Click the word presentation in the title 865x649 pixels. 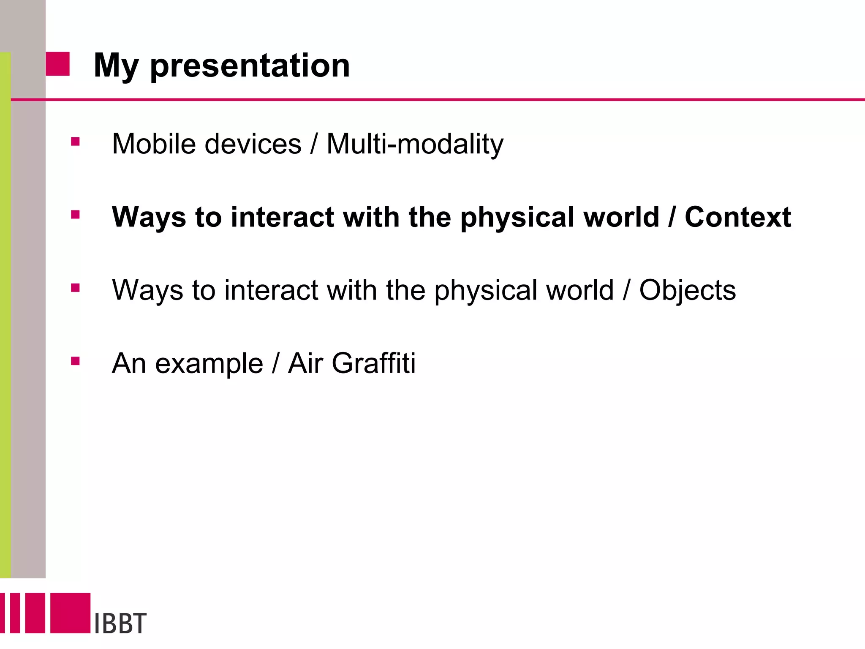click(250, 66)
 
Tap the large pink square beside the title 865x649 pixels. click(57, 64)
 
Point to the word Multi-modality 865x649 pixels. click(415, 145)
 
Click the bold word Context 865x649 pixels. click(737, 217)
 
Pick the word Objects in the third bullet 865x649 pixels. click(687, 291)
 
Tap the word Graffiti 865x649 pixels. click(373, 363)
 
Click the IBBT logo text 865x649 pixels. click(120, 623)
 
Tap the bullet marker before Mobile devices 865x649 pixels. click(76, 142)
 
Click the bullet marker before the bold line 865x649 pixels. click(76, 215)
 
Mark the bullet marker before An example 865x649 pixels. click(76, 361)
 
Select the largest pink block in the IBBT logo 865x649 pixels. click(71, 613)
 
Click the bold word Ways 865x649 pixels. click(149, 217)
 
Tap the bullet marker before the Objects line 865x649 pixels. click(76, 288)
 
